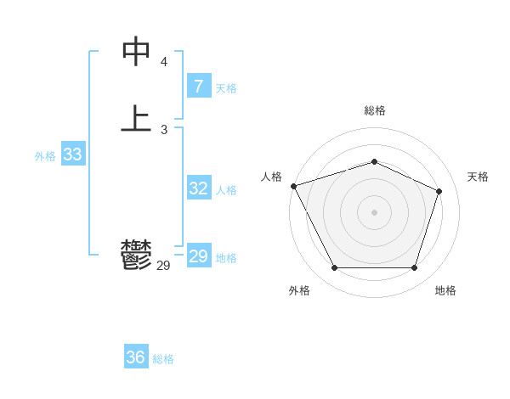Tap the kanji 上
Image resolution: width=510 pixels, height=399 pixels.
click(136, 119)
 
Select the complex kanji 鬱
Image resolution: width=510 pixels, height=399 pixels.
click(136, 254)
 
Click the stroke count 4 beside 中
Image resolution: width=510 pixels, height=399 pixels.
click(163, 62)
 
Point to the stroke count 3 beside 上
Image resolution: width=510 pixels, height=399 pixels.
click(163, 129)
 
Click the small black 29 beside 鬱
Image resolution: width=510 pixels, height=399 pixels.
click(163, 266)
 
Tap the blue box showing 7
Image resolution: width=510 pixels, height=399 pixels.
click(198, 86)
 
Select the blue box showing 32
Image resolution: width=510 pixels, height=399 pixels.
click(198, 188)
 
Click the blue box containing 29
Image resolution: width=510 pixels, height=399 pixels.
click(198, 256)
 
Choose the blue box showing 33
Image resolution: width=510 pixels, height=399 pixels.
click(72, 155)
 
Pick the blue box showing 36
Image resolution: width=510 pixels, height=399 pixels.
click(136, 357)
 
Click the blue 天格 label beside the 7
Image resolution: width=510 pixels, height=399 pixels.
click(226, 88)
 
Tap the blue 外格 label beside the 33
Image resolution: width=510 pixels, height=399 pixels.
click(45, 156)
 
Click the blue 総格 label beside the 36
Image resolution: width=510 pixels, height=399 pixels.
click(164, 359)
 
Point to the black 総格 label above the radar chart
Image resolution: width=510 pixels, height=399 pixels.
click(374, 110)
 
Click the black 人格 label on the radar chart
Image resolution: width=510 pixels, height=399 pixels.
click(271, 177)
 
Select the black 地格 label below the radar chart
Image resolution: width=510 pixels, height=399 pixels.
click(445, 290)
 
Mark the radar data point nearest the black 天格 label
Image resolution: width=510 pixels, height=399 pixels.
click(439, 191)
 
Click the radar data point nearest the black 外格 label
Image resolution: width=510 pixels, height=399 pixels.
click(334, 268)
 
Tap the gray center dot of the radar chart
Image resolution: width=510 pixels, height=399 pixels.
click(374, 211)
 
